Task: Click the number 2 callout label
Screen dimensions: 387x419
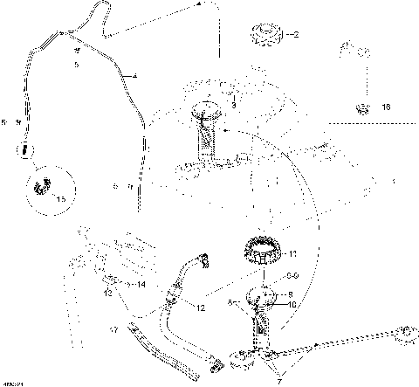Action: click(x=296, y=36)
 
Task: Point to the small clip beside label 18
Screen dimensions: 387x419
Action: click(x=360, y=107)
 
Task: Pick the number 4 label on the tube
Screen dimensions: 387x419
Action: click(x=134, y=78)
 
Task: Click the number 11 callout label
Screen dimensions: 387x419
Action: click(x=293, y=254)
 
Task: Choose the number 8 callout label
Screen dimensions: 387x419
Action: click(x=291, y=294)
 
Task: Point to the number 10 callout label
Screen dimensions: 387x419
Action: click(x=292, y=305)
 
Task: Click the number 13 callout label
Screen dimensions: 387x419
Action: click(x=108, y=293)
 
